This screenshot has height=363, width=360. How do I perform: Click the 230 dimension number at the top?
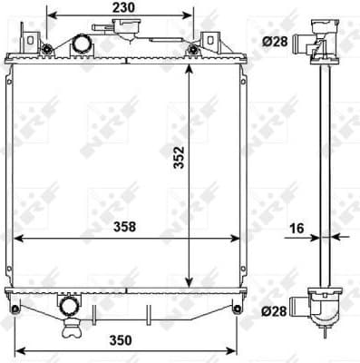pyautogui.click(x=124, y=7)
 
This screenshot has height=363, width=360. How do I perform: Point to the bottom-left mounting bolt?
pyautogui.click(x=12, y=309)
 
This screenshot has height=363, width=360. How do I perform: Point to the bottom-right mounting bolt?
pyautogui.click(x=237, y=309)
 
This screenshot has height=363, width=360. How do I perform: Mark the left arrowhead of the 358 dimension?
pyautogui.click(x=18, y=239)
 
